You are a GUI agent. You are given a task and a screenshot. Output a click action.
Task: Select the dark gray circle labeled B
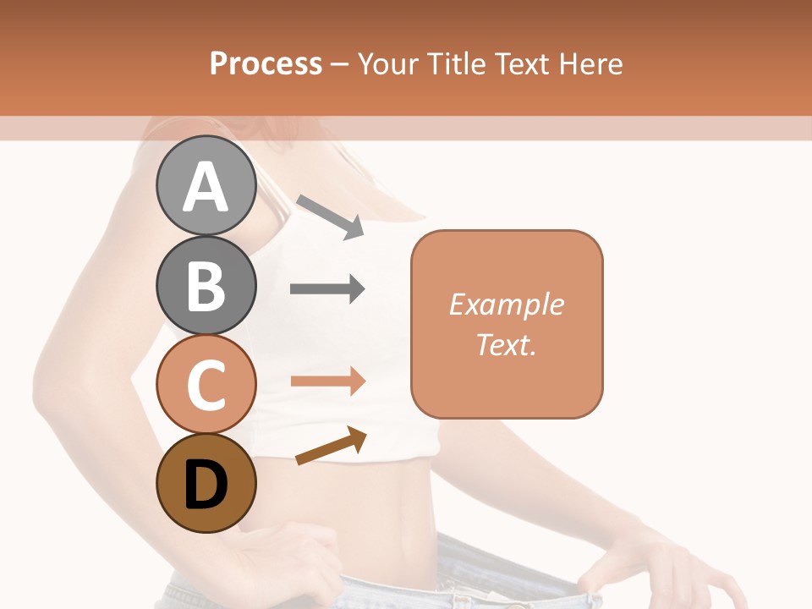click(206, 286)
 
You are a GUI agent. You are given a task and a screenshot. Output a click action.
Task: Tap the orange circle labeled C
click(206, 385)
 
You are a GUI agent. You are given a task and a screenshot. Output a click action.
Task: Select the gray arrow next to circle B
click(327, 289)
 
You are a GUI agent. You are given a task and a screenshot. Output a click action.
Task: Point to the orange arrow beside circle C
click(327, 381)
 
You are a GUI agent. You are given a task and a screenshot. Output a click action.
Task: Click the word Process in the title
click(266, 63)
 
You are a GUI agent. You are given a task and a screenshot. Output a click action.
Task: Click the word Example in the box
click(507, 304)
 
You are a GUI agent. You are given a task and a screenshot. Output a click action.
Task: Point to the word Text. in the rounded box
click(507, 344)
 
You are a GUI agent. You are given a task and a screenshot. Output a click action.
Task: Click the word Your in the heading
click(388, 63)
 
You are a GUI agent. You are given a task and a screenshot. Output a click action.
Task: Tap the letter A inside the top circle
click(206, 186)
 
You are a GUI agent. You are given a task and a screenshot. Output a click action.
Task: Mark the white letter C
click(206, 385)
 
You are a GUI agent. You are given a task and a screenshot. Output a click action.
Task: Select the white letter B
click(206, 286)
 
